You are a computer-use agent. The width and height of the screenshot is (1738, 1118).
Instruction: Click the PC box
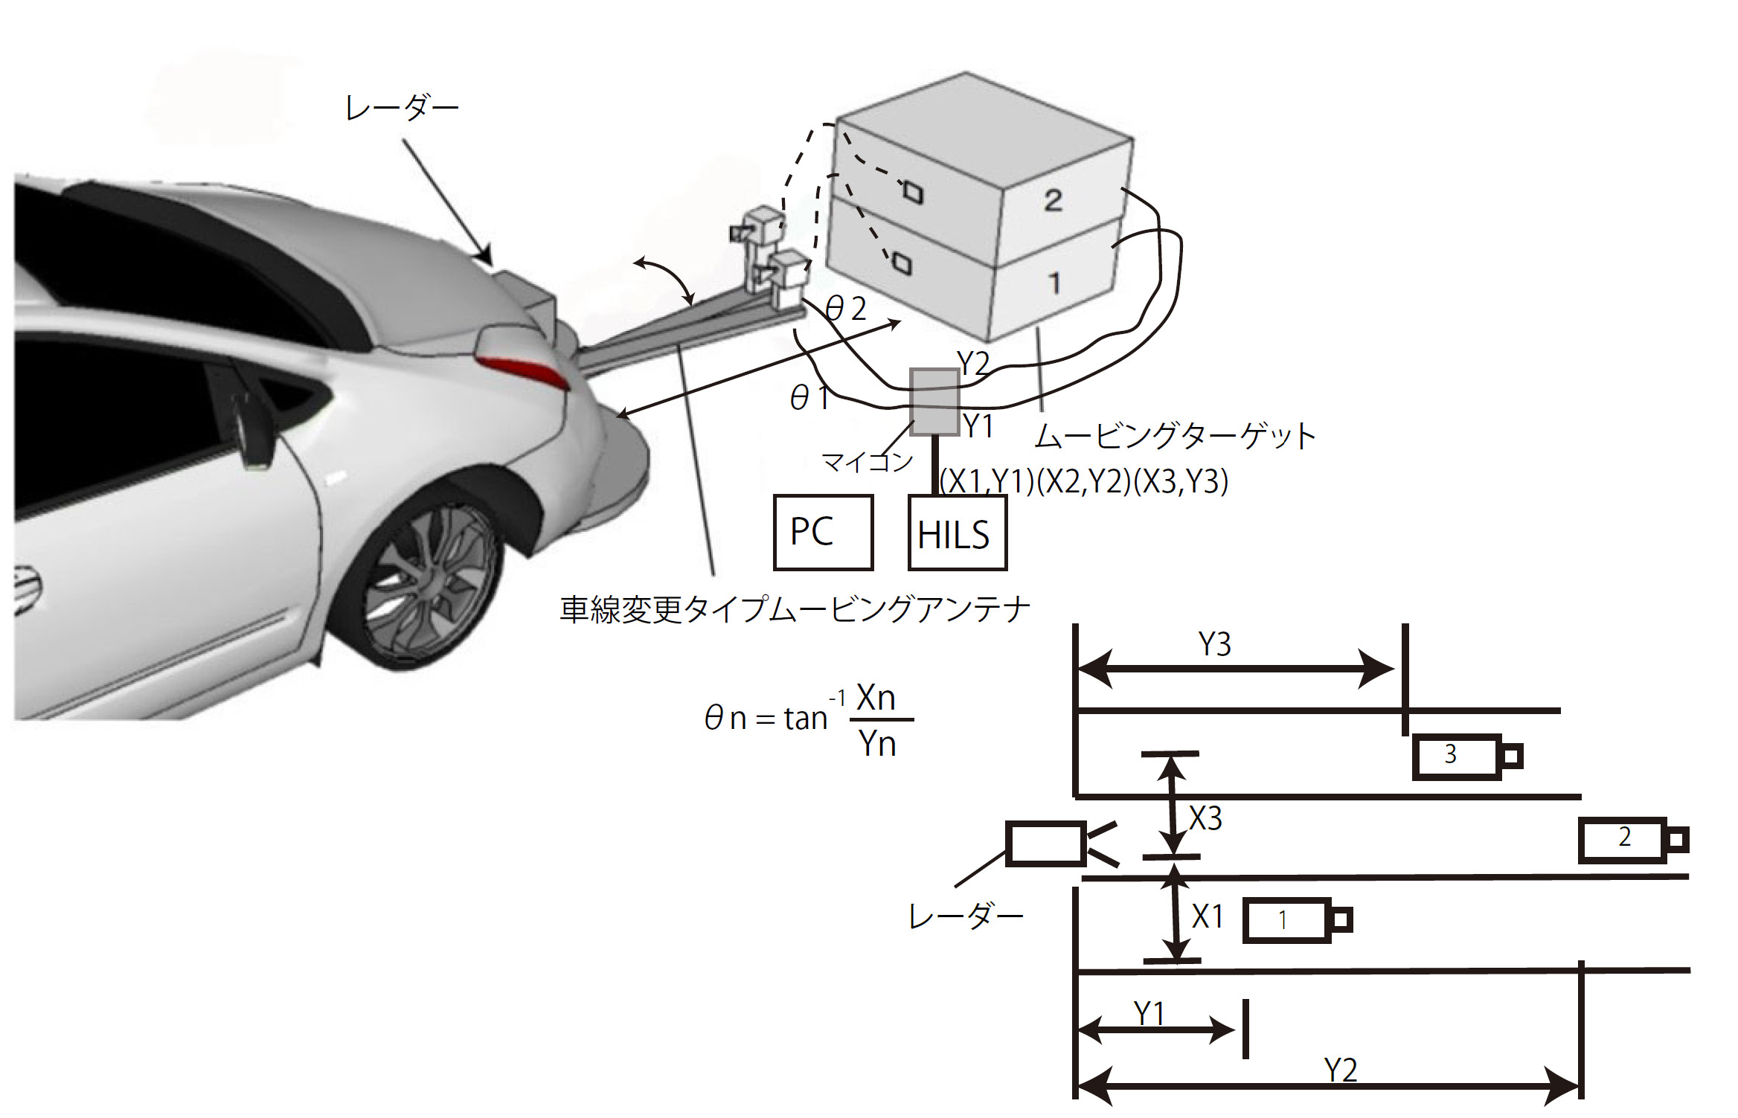click(x=823, y=533)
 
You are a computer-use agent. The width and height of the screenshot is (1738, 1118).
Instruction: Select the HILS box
click(x=958, y=533)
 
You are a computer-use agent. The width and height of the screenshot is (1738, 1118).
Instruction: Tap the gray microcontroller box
click(x=934, y=402)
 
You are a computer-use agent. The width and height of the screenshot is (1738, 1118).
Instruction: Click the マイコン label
click(x=867, y=462)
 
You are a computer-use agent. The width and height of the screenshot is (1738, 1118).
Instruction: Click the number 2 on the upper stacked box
click(x=1053, y=200)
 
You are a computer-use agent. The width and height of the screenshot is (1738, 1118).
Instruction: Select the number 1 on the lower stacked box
click(x=1054, y=283)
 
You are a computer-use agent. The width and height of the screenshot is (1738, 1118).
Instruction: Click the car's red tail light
click(x=525, y=372)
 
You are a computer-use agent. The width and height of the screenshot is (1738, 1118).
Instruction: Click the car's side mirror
click(x=251, y=431)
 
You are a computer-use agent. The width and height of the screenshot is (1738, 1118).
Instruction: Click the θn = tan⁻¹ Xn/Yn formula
click(x=809, y=720)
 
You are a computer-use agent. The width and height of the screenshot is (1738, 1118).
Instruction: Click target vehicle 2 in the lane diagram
click(x=1634, y=840)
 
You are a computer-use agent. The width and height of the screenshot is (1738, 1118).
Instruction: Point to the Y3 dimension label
click(x=1215, y=644)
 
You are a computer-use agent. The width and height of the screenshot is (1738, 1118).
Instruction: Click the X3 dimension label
click(x=1205, y=819)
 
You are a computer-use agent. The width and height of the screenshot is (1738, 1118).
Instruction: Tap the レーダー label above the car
click(x=402, y=109)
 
